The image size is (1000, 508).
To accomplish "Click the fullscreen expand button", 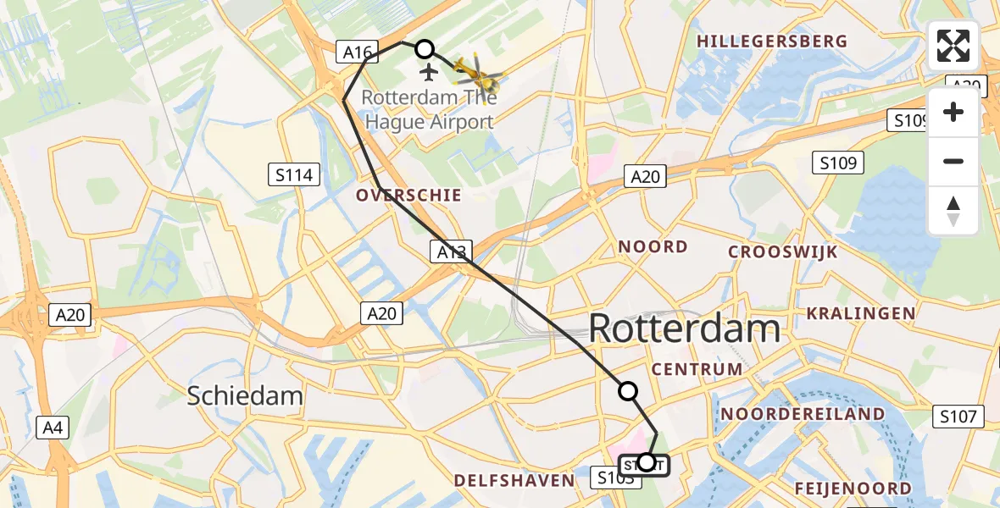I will point(953,46).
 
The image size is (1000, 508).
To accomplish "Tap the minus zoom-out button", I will point(953,161).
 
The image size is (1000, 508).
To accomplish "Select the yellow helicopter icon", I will point(478,74).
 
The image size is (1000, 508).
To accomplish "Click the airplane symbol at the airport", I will point(427,71).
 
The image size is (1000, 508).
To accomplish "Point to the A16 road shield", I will point(357,52).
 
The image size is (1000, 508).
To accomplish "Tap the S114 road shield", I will point(294,175).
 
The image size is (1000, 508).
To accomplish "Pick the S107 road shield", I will point(958,417).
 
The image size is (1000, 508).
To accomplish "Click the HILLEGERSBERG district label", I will point(771,41).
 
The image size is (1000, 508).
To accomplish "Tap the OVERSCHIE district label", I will point(408,196).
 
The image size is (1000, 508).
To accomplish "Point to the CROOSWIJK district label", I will point(783,252).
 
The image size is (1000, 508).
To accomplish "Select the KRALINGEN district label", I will point(860,313).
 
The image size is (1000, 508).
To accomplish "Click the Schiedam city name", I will point(245,395).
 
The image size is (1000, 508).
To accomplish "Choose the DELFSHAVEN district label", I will point(514,481).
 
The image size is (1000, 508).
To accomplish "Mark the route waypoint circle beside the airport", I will point(424,49).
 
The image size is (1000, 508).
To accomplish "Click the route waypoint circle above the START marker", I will point(628,390).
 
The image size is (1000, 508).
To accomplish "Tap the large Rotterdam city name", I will point(684,329).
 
